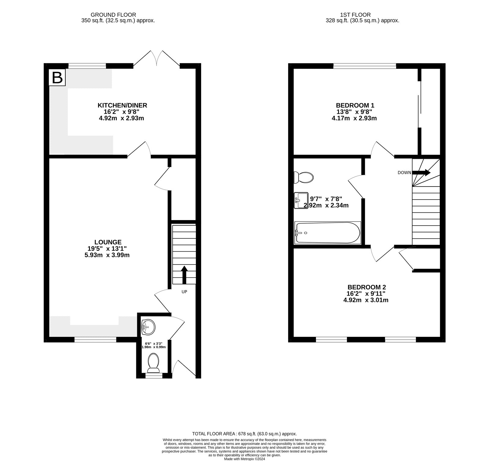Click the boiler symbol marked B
[x=57, y=78]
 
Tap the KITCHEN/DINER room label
[x=122, y=105]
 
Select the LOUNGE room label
[x=107, y=242]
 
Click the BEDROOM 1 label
[x=355, y=105]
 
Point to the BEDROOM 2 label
[x=366, y=287]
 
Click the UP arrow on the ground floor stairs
[x=184, y=275]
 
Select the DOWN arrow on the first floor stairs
[x=421, y=173]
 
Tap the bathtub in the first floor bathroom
[x=327, y=233]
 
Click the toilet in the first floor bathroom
[x=303, y=177]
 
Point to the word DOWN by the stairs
[x=404, y=173]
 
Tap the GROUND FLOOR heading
[x=113, y=15]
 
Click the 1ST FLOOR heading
[x=355, y=15]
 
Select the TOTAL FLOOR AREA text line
[x=244, y=434]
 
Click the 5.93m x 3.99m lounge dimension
[x=107, y=255]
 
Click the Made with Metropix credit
[x=244, y=459]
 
